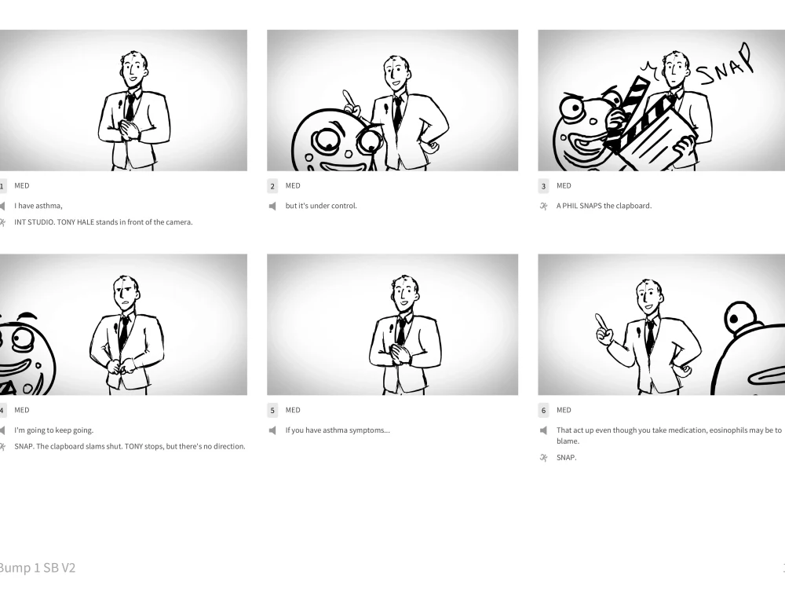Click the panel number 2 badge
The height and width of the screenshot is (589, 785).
coord(273,186)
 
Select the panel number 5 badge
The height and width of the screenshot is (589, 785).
coord(273,411)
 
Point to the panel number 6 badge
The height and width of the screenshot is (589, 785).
coord(544,411)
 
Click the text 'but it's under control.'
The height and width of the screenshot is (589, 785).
coord(321,207)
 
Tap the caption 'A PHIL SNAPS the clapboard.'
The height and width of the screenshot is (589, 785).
coord(604,207)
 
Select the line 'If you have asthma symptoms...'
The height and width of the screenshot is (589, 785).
coord(338,430)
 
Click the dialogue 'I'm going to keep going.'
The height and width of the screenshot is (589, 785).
coord(53,430)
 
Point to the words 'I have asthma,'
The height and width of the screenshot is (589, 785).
coord(38,207)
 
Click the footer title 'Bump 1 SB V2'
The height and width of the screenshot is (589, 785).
coord(38,568)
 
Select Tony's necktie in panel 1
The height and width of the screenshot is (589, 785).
coord(130,106)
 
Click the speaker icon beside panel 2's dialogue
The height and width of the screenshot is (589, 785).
coord(272,207)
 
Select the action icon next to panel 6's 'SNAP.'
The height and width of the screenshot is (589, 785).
coord(543,458)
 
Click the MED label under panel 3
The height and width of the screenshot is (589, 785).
coord(564,186)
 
